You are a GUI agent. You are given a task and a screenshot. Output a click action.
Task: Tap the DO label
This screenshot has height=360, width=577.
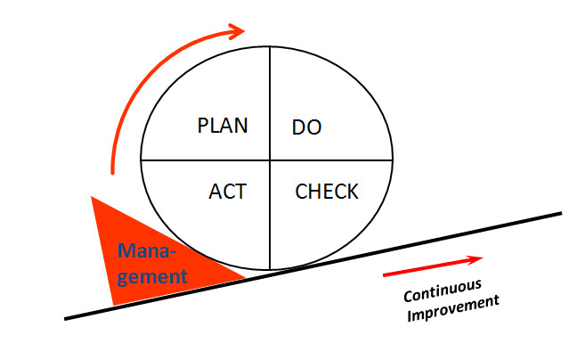click(x=306, y=127)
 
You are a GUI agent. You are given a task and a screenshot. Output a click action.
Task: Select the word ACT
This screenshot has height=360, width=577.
click(x=227, y=191)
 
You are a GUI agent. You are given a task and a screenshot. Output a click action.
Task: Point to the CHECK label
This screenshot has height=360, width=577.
click(x=327, y=191)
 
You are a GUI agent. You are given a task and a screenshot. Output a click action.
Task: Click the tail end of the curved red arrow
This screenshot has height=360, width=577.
click(x=113, y=171)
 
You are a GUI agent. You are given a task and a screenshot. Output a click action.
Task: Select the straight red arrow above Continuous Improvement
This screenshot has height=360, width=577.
click(x=433, y=266)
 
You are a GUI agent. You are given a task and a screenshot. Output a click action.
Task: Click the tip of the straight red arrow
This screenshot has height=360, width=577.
click(x=482, y=258)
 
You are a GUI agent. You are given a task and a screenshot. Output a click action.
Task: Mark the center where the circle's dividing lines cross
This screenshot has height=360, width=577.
click(x=270, y=160)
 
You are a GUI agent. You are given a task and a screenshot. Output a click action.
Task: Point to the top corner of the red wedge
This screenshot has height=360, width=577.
click(x=93, y=198)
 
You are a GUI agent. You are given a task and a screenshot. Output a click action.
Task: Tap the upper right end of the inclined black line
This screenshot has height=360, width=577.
click(x=561, y=213)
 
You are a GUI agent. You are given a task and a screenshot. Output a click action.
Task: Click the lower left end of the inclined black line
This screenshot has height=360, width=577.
click(x=66, y=317)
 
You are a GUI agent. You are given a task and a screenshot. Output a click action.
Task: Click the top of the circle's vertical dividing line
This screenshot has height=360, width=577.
click(x=270, y=46)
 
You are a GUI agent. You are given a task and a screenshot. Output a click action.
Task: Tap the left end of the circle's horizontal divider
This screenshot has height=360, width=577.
click(x=142, y=160)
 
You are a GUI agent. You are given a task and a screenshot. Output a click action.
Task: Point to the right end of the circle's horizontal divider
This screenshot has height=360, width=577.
click(x=393, y=160)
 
